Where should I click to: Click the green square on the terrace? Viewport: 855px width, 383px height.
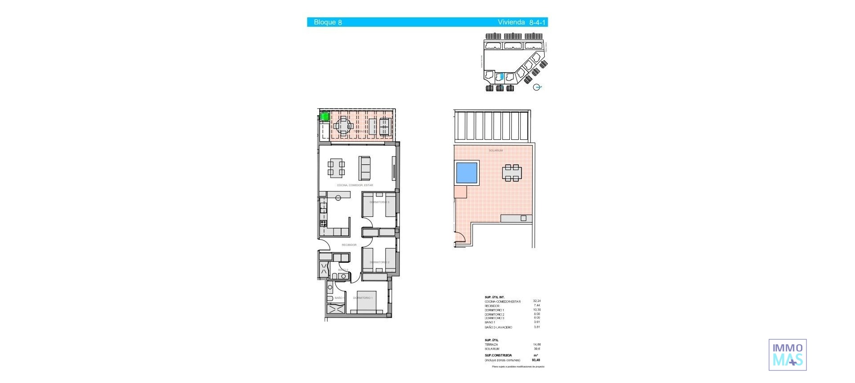coord(325,117)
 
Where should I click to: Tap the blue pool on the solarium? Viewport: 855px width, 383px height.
coord(467,173)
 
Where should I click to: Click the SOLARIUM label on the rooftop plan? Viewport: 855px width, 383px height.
coord(496,151)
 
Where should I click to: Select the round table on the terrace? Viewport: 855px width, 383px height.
coord(343,126)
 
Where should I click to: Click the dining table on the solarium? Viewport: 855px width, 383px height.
coord(512,173)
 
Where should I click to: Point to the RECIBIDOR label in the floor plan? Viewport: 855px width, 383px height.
coord(349,245)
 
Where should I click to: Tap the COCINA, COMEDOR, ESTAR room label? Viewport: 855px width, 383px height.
coord(355,185)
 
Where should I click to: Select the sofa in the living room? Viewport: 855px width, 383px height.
coord(365,168)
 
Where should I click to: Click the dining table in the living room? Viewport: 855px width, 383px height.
coord(336,168)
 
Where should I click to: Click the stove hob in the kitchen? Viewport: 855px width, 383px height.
coord(323,224)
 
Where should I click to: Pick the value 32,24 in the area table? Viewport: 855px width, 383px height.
coord(537,301)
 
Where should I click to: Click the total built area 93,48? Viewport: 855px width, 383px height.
coord(536,360)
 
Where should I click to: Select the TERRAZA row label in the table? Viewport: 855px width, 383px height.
coord(491,345)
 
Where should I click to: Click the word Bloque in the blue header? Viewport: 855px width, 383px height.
coord(325,22)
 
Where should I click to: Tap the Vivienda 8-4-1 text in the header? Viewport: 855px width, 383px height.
coord(521,22)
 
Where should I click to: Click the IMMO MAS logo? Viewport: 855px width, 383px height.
coord(787,355)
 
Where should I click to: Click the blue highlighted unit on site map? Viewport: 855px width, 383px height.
coord(502,77)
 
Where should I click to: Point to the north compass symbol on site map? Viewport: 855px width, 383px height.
coord(537,87)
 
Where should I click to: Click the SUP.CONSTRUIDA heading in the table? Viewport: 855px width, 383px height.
coord(498,355)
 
